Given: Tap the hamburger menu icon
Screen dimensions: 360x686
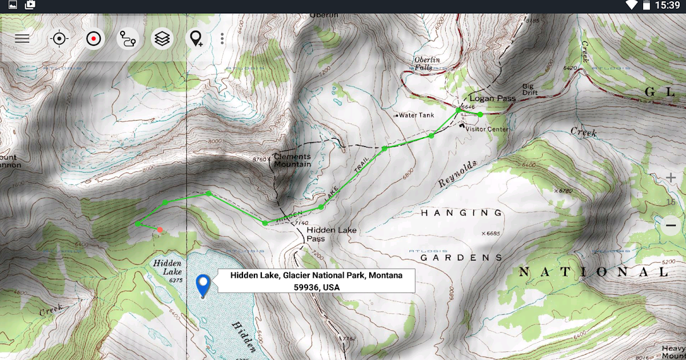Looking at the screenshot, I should (22, 39).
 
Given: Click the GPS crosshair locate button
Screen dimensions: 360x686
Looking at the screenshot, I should (59, 39).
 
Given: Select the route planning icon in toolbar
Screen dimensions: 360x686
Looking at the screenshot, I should (127, 39).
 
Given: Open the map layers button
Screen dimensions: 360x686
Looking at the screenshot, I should (162, 39).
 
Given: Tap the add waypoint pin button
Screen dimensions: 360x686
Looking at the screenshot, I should (197, 39).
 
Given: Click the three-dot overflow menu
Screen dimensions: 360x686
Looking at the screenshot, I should (222, 39).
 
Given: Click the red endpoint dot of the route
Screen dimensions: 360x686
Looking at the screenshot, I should (160, 230).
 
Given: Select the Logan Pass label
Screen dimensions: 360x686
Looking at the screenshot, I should (492, 98).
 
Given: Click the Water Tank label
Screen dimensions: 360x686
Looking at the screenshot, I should (416, 115).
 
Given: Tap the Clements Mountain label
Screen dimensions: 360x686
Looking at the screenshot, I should (292, 160).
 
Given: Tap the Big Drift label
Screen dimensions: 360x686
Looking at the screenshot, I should (531, 90).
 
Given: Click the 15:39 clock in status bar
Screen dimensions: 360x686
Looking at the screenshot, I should (667, 6).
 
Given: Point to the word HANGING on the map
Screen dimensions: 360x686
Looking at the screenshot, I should (462, 213).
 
